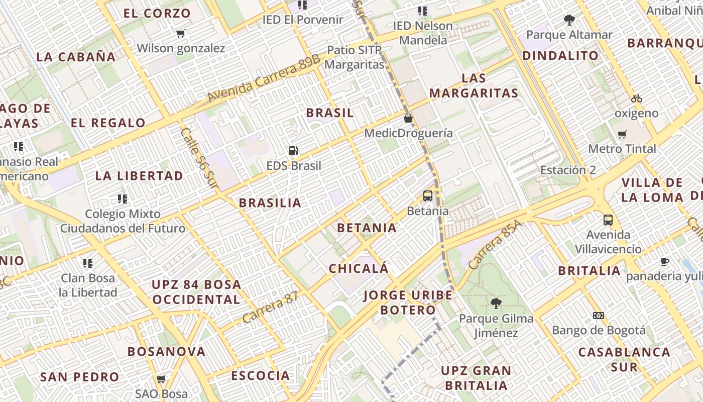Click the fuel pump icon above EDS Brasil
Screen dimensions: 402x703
point(293,150)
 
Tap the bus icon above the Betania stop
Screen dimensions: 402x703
point(428,196)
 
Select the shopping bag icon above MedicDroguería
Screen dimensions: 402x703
point(408,118)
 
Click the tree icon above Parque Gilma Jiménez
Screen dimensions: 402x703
point(496,303)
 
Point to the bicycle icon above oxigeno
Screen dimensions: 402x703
point(637,98)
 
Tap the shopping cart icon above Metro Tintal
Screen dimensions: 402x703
point(622,134)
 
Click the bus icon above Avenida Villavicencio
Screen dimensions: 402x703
point(608,220)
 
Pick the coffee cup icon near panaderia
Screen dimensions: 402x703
point(665,261)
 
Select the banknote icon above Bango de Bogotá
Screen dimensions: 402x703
point(598,316)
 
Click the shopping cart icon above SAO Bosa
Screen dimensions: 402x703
point(161,379)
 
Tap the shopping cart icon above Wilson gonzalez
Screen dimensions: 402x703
point(181,34)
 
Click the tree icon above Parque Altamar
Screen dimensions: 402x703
point(569,20)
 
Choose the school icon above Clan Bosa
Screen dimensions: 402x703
point(88,263)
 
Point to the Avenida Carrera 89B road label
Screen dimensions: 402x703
point(263,78)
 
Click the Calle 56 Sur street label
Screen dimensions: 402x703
point(199,159)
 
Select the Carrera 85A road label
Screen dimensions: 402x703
point(495,244)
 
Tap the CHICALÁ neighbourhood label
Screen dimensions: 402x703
point(359,268)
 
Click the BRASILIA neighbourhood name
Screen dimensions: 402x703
point(270,203)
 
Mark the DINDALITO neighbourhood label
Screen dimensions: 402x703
point(560,56)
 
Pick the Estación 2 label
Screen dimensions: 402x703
point(568,170)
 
